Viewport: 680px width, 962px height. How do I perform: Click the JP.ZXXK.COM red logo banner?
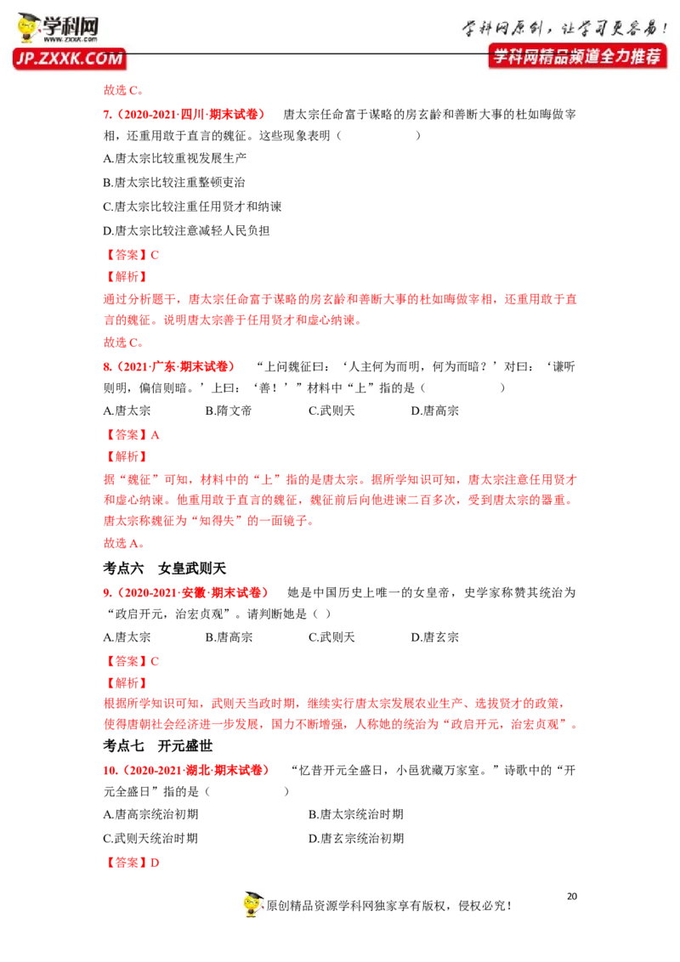pyautogui.click(x=69, y=59)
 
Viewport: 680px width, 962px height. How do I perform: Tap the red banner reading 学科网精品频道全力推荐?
pyautogui.click(x=577, y=56)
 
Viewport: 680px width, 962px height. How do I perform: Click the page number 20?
pyautogui.click(x=572, y=897)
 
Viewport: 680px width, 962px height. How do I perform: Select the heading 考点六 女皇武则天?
pyautogui.click(x=165, y=569)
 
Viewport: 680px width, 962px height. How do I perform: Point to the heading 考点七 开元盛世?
pyautogui.click(x=158, y=745)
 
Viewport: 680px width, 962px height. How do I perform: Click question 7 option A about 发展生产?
pyautogui.click(x=175, y=158)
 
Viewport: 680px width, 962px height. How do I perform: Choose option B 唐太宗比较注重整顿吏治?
pyautogui.click(x=174, y=182)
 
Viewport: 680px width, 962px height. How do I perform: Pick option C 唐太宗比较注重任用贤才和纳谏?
pyautogui.click(x=192, y=207)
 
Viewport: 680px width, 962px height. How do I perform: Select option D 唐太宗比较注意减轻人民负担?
pyautogui.click(x=186, y=230)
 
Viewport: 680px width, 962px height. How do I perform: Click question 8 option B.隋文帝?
pyautogui.click(x=229, y=410)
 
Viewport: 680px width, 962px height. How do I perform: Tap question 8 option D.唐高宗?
pyautogui.click(x=434, y=410)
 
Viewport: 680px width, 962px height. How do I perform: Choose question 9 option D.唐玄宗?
pyautogui.click(x=434, y=637)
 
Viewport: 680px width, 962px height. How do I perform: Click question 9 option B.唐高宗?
pyautogui.click(x=229, y=637)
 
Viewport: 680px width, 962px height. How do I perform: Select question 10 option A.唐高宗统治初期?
pyautogui.click(x=151, y=814)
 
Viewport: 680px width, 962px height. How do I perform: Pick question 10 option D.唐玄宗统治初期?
pyautogui.click(x=356, y=838)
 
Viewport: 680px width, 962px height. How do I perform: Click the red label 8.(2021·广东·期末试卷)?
pyautogui.click(x=169, y=367)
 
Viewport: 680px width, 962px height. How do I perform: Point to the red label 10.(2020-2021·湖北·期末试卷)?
pyautogui.click(x=186, y=770)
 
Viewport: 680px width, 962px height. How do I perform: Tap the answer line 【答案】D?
pyautogui.click(x=132, y=863)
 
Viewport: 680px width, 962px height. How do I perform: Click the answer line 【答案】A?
pyautogui.click(x=132, y=435)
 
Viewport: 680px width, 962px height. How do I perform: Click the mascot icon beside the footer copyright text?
pyautogui.click(x=252, y=904)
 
